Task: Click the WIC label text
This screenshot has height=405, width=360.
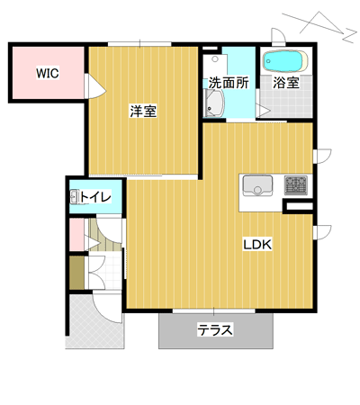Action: click(x=48, y=73)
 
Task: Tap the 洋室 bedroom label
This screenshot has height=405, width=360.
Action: click(x=143, y=111)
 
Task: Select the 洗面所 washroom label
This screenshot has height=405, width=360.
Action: click(x=229, y=83)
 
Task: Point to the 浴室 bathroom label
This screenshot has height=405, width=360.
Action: click(x=286, y=83)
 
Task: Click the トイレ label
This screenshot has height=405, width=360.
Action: click(x=95, y=197)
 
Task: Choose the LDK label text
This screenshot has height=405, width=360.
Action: click(x=257, y=245)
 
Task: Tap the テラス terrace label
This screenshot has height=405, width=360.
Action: click(x=215, y=330)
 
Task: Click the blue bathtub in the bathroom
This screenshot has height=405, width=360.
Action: click(x=285, y=61)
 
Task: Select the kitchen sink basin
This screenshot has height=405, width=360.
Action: click(x=257, y=185)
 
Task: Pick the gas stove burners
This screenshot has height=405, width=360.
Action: click(x=296, y=185)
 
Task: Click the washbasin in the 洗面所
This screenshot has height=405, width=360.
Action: click(x=213, y=103)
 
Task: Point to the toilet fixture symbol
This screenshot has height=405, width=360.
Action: click(x=74, y=197)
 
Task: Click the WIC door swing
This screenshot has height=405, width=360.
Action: click(x=94, y=86)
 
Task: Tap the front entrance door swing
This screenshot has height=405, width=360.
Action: click(x=108, y=308)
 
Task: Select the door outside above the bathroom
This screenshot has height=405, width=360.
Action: click(x=278, y=36)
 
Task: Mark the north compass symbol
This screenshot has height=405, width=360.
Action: click(x=321, y=26)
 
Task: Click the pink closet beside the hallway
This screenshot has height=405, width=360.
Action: click(x=77, y=235)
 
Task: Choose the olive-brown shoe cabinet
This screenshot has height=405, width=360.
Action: click(x=77, y=273)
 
